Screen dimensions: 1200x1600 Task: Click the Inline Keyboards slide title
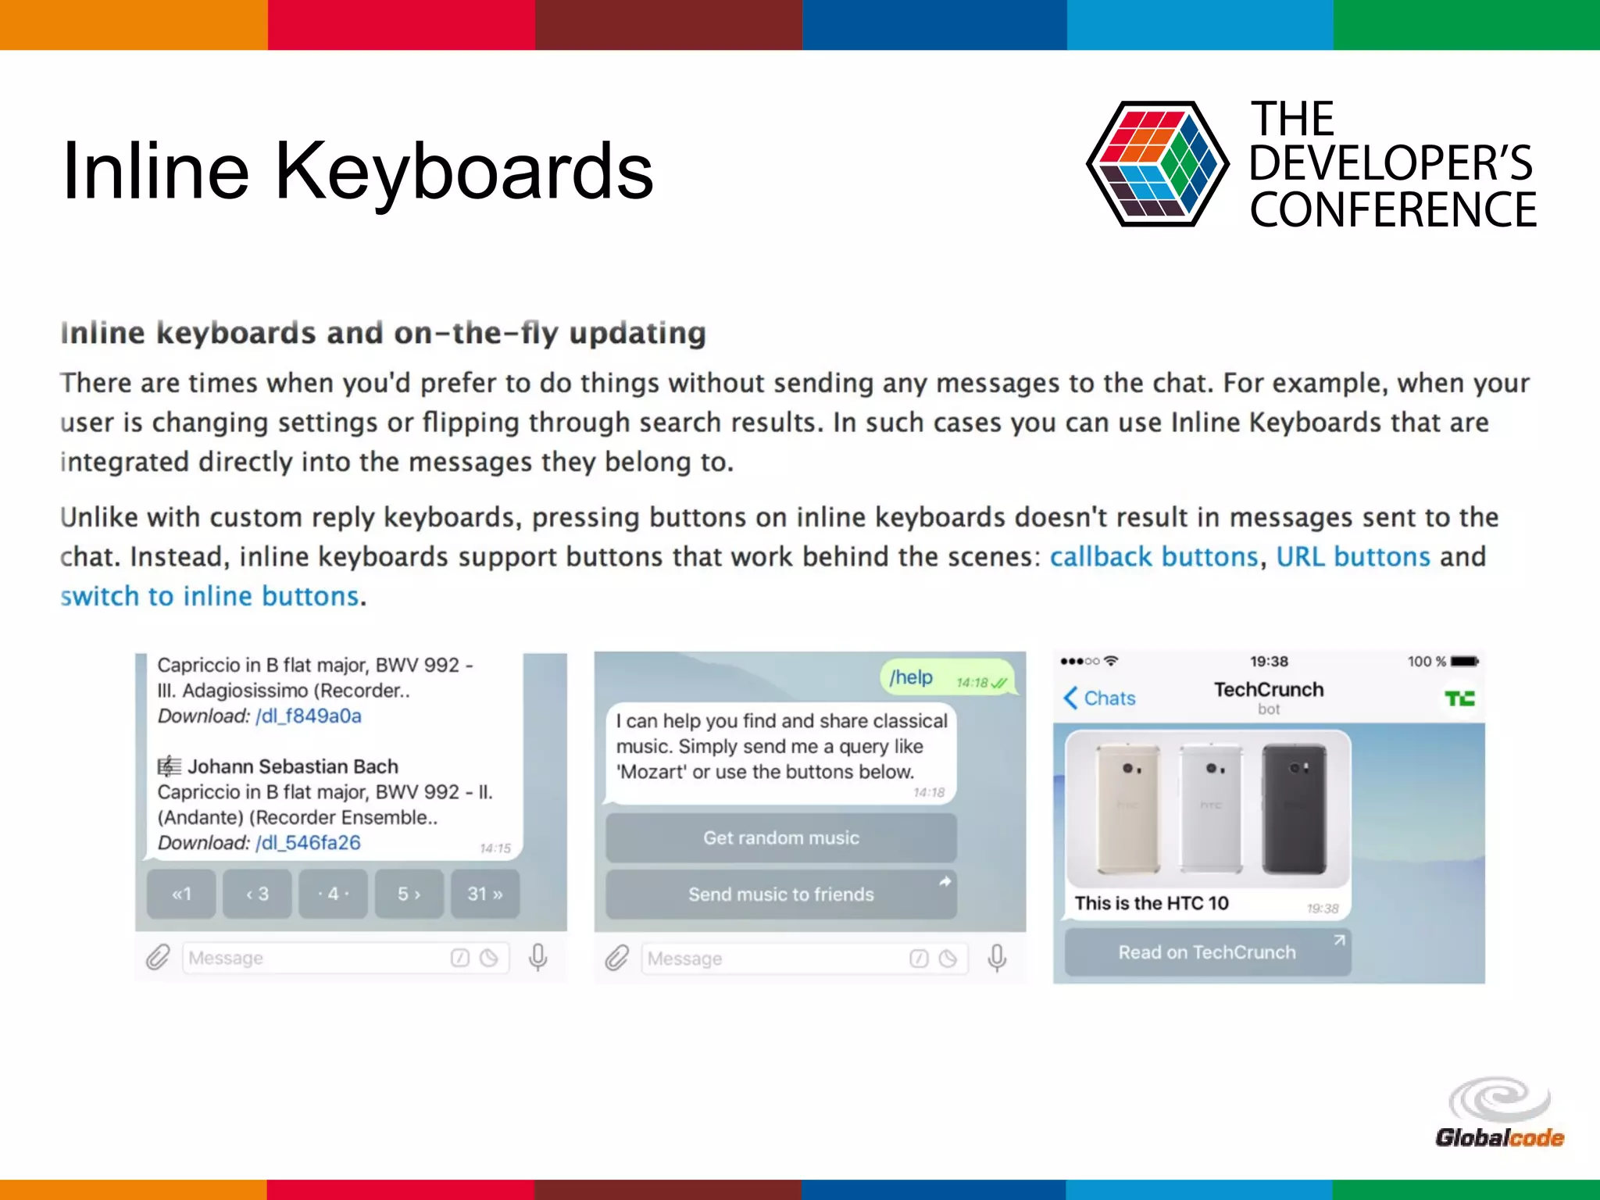click(357, 171)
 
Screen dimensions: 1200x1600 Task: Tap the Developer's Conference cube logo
click(1157, 164)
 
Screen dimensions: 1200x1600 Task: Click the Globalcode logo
click(1499, 1113)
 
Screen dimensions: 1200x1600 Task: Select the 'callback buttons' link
click(1153, 557)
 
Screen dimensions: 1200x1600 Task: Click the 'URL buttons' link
click(1352, 557)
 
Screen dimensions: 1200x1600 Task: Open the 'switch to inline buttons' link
click(209, 597)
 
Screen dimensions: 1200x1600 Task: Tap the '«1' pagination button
click(181, 894)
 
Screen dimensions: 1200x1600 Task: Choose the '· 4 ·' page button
click(333, 894)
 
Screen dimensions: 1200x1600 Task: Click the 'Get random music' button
click(780, 838)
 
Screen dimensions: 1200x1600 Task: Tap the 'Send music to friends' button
click(780, 895)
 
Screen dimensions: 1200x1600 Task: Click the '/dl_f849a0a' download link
click(309, 716)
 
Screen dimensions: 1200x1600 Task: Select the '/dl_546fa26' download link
click(308, 843)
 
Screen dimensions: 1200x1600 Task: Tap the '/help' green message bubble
click(946, 678)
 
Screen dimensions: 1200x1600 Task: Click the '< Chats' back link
click(1099, 698)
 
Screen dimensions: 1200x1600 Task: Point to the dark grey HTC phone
click(1294, 809)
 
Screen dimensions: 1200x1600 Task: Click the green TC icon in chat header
click(1459, 698)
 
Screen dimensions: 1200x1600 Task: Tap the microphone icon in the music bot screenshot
click(997, 958)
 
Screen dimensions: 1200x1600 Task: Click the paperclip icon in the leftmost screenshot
click(158, 957)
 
